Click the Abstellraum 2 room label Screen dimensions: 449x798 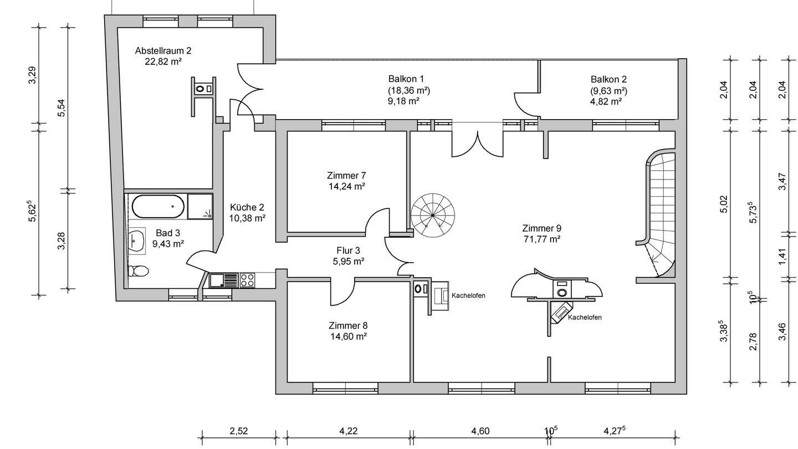(163, 50)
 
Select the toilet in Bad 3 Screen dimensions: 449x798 (138, 271)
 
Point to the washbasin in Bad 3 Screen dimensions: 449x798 (136, 241)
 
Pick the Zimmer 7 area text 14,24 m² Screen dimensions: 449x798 (346, 187)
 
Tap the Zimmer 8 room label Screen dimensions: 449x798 (347, 325)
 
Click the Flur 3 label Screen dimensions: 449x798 (348, 250)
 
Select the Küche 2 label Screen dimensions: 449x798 (247, 207)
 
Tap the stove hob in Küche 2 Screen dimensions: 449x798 (247, 280)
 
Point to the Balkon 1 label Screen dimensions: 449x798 (409, 79)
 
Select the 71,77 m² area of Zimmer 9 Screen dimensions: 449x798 (541, 239)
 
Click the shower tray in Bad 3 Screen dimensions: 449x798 (200, 207)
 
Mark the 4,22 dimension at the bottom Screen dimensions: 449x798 (348, 431)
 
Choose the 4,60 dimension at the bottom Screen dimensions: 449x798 (480, 431)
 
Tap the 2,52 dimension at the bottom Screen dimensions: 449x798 (238, 431)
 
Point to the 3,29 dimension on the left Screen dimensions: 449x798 (32, 75)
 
